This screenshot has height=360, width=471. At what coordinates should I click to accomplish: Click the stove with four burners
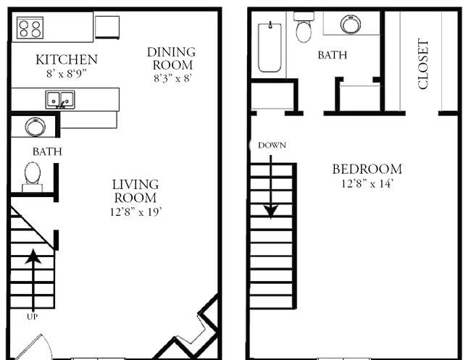(x=30, y=28)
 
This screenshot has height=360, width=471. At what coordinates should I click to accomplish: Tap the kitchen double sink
(x=59, y=99)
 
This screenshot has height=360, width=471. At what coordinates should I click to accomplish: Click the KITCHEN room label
(x=66, y=59)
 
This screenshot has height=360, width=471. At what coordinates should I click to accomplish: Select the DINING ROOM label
(x=171, y=58)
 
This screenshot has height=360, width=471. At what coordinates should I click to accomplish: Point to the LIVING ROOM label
(x=135, y=191)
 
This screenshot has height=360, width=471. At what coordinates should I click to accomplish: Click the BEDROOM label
(x=367, y=169)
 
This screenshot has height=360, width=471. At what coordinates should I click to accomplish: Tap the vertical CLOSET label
(x=424, y=64)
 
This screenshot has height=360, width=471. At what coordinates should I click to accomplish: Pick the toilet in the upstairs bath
(x=304, y=30)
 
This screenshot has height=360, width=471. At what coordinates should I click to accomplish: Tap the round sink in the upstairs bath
(x=351, y=25)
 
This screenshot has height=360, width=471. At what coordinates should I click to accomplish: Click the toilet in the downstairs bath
(x=33, y=176)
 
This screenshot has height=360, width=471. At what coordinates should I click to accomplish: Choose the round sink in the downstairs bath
(x=34, y=127)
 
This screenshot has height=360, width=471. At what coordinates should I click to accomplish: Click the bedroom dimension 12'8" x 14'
(x=367, y=183)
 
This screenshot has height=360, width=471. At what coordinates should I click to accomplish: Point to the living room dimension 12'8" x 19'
(x=135, y=212)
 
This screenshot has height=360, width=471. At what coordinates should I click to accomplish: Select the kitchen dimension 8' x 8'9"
(x=66, y=72)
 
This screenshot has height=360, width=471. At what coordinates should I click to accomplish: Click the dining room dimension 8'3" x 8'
(x=171, y=77)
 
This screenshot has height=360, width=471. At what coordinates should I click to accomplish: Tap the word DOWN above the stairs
(x=272, y=145)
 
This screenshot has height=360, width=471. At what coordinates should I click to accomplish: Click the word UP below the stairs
(x=32, y=317)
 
